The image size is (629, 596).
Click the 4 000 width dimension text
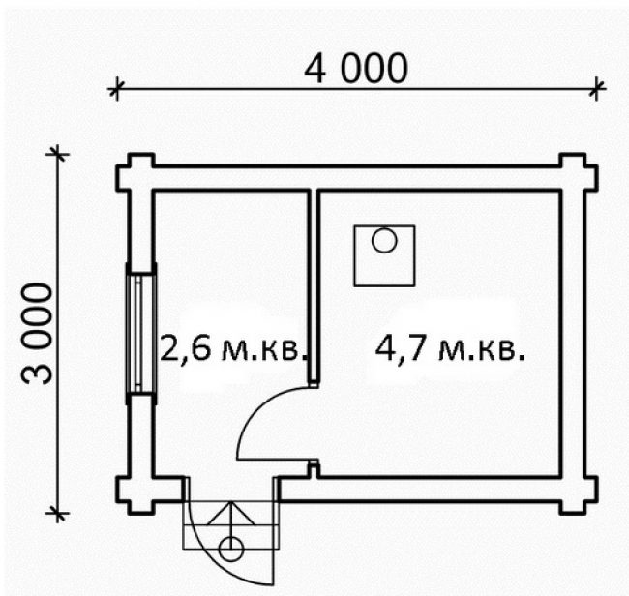pyautogui.click(x=356, y=69)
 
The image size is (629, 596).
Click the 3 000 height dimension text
pyautogui.click(x=37, y=333)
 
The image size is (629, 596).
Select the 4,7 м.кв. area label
pyautogui.click(x=450, y=348)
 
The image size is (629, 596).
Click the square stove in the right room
pyautogui.click(x=384, y=255)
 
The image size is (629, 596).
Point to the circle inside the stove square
pyautogui.click(x=384, y=241)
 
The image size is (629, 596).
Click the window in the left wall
pyautogui.click(x=141, y=333)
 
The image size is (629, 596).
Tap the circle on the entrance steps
pyautogui.click(x=231, y=549)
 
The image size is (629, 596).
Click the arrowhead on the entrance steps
pyautogui.click(x=231, y=513)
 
